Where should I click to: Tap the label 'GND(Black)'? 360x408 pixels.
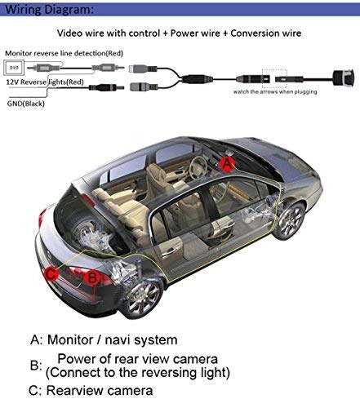pos(24,105)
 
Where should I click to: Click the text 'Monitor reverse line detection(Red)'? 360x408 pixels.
pos(62,53)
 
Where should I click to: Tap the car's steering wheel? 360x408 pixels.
pos(198,167)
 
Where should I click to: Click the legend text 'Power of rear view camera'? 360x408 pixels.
pos(136,359)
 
